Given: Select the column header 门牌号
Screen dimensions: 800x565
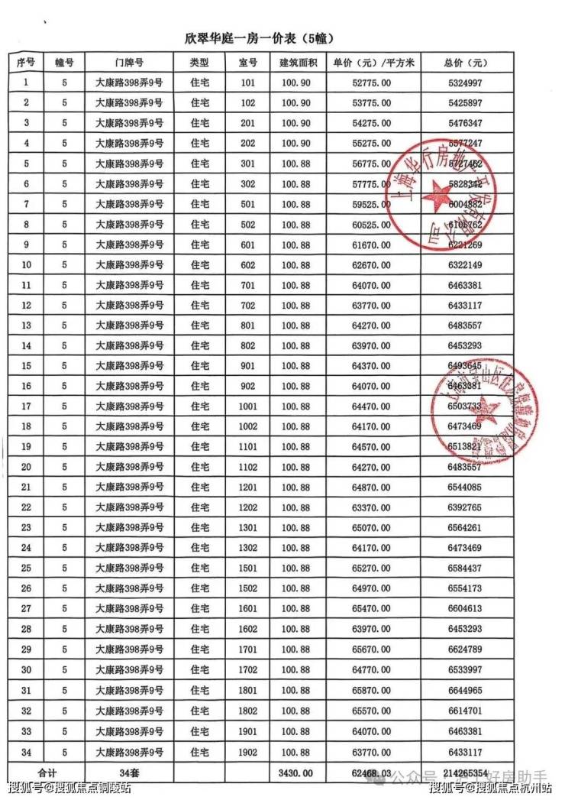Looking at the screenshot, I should [x=129, y=62].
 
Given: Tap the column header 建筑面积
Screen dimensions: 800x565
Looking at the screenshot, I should [x=296, y=62].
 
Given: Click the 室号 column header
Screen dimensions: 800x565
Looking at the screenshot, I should [x=247, y=62].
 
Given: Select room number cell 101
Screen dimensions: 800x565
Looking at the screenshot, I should [x=247, y=83].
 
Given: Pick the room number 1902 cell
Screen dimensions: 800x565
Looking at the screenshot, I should [x=247, y=752].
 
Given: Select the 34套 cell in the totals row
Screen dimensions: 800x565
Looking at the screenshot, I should [x=129, y=772].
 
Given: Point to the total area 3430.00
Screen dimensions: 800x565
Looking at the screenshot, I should [x=296, y=772].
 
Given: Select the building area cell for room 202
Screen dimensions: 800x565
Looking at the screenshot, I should [x=296, y=143].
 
